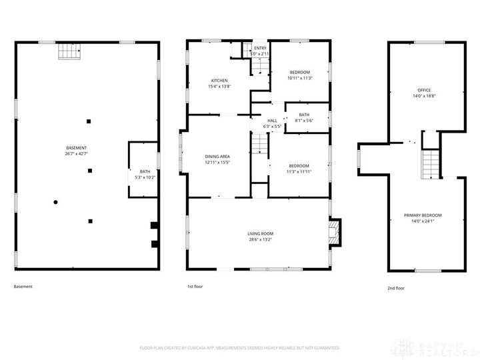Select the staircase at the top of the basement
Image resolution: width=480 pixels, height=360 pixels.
(68, 51)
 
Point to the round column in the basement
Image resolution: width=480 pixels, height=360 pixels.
(56, 202)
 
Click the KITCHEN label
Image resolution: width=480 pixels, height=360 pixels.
(219, 84)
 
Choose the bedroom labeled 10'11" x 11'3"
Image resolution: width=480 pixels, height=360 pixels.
(299, 75)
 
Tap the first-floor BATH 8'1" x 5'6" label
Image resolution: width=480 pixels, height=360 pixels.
(304, 117)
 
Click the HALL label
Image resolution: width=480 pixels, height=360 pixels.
(272, 123)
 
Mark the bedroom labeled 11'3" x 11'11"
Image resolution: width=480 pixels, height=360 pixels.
(299, 169)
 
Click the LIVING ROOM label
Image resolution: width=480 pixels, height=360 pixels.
(260, 236)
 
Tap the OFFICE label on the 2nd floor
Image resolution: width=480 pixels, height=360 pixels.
(424, 93)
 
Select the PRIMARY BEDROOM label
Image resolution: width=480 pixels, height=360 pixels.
(423, 218)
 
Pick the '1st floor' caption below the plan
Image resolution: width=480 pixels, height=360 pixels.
(195, 287)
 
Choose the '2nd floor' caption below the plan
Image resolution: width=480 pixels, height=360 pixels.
(395, 288)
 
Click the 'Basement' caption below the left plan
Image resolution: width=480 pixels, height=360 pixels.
(23, 287)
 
